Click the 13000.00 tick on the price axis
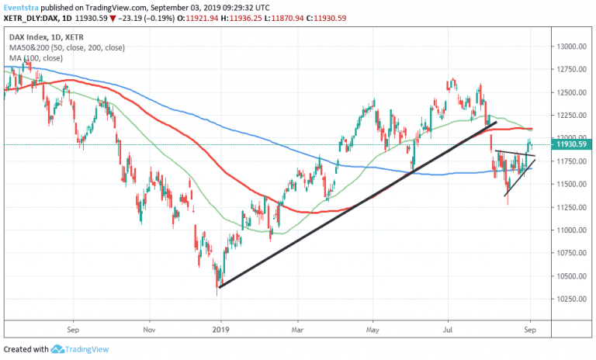click(570, 47)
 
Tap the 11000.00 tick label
click(570, 230)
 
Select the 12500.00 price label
click(570, 92)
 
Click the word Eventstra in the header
click(23, 6)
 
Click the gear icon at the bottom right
click(570, 329)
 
